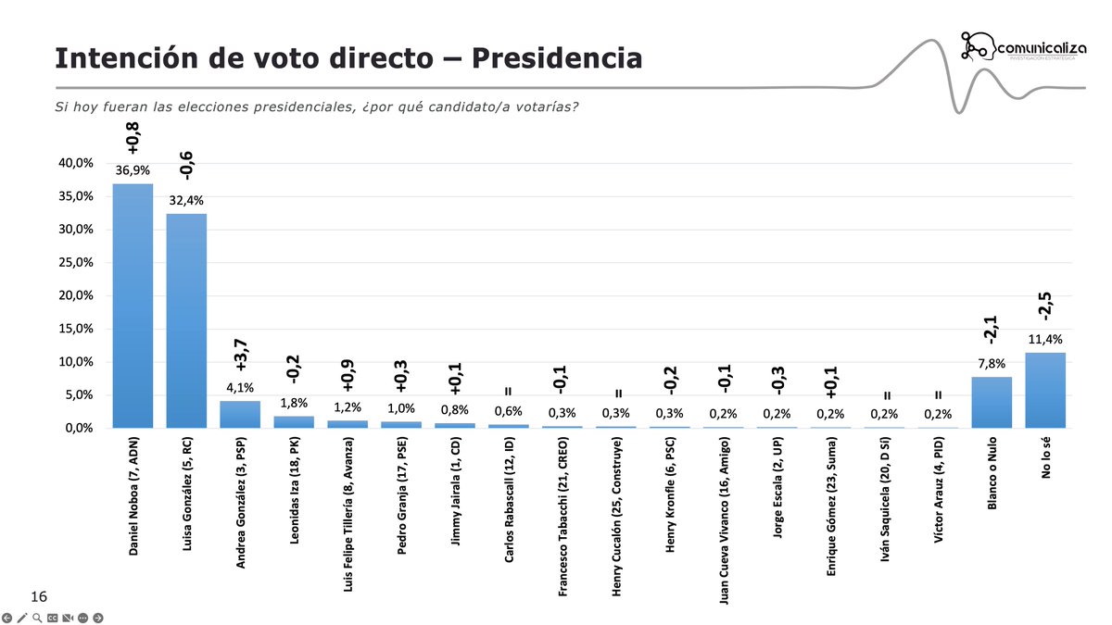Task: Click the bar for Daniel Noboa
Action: (x=133, y=306)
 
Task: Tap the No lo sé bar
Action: (x=1045, y=390)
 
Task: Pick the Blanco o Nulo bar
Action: (x=992, y=402)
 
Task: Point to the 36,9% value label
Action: (x=133, y=171)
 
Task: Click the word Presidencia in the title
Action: (x=556, y=57)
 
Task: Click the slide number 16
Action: (x=39, y=595)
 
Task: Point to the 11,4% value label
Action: (x=1045, y=340)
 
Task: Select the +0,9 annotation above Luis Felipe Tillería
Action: (x=347, y=377)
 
